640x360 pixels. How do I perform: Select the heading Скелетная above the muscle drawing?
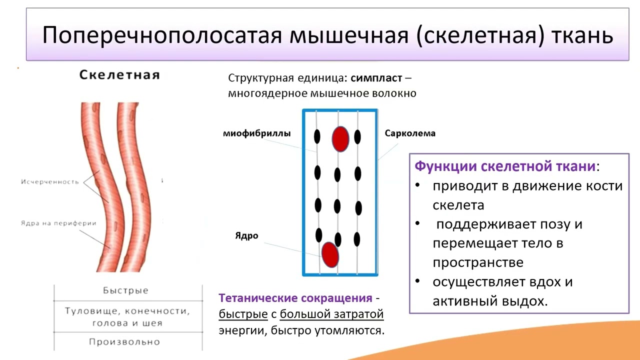coord(119,75)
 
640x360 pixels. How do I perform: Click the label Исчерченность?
coord(50,182)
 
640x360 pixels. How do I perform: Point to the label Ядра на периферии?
coord(58,223)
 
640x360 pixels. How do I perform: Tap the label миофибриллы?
coord(256,133)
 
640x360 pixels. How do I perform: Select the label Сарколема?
coord(410,133)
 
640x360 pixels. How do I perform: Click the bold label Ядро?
coord(246,235)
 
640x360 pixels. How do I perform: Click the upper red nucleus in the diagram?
coord(340,138)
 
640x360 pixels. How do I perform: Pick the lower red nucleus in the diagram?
coord(330,254)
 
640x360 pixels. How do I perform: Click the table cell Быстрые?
coord(125,290)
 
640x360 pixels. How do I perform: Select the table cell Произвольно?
coord(124,342)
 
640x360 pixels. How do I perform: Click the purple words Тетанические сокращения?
coord(295,298)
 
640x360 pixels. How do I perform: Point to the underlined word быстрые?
coord(243,314)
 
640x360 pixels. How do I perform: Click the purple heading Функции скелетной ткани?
coord(505,166)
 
